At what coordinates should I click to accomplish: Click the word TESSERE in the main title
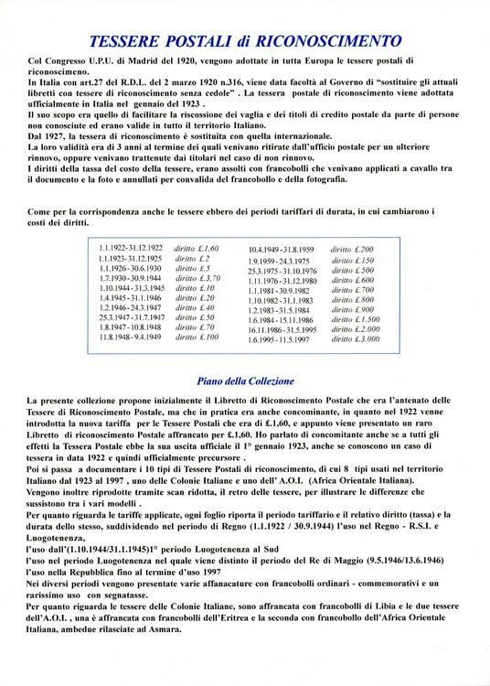coord(132,41)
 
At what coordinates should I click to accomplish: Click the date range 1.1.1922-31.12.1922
coord(131,249)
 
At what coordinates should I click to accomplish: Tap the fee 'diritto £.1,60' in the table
coord(197,249)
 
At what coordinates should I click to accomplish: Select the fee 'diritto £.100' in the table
coord(197,338)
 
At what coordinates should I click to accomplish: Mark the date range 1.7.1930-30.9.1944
coord(130,278)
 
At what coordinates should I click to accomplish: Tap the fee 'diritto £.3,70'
coord(197,278)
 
